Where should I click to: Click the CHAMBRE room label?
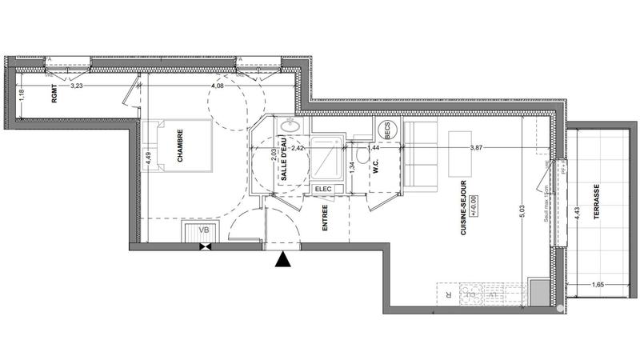[180, 146]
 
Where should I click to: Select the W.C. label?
[375, 166]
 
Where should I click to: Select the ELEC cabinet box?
[323, 189]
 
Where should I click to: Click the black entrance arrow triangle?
[282, 259]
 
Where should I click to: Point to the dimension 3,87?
[478, 148]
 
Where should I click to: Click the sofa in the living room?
[418, 157]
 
